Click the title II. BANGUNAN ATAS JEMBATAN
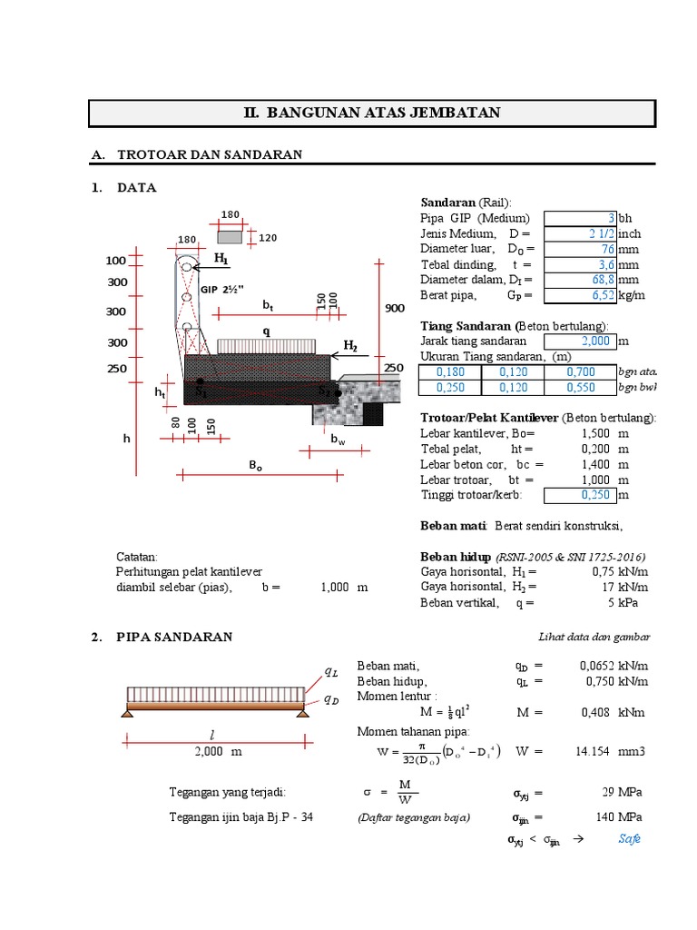(372, 114)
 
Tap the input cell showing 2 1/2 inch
(580, 233)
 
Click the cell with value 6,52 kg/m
(580, 295)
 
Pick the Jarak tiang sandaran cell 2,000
(578, 341)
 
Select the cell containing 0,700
(580, 372)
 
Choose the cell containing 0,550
(580, 388)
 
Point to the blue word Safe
(629, 838)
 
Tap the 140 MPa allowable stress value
(605, 816)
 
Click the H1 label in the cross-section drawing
(221, 259)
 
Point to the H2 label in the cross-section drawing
(350, 346)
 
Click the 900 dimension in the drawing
(394, 309)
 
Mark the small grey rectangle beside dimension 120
(230, 237)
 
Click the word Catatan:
(137, 557)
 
